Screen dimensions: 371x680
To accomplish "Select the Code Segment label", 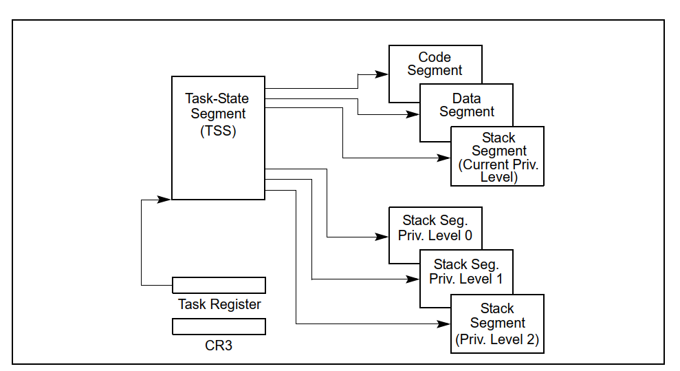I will click(x=435, y=64).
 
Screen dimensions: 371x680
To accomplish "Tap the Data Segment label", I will click(x=467, y=105).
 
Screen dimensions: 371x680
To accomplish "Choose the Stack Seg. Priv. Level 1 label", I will click(x=465, y=271).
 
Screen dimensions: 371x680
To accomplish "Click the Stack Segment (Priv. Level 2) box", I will click(x=497, y=324).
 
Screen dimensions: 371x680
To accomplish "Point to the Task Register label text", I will click(x=219, y=304).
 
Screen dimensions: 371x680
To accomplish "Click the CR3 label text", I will click(x=219, y=346).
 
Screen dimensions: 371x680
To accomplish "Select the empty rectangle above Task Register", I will click(x=219, y=285).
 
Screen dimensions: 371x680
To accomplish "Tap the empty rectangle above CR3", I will click(x=219, y=326).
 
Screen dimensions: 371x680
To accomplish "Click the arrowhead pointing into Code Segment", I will click(x=384, y=72).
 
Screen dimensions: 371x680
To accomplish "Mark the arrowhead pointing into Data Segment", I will click(x=414, y=115).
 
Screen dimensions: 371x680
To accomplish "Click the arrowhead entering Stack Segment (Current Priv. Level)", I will click(x=445, y=158).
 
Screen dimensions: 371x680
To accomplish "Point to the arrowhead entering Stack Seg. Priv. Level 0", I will click(x=384, y=237).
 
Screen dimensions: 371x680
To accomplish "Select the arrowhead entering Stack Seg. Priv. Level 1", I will click(x=414, y=279).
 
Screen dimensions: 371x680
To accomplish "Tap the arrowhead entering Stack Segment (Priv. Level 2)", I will click(x=445, y=323).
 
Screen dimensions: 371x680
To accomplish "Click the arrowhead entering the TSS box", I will click(x=166, y=199).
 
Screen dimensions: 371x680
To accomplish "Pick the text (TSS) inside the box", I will click(x=218, y=131).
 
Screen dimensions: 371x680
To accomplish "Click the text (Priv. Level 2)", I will click(x=497, y=339).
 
